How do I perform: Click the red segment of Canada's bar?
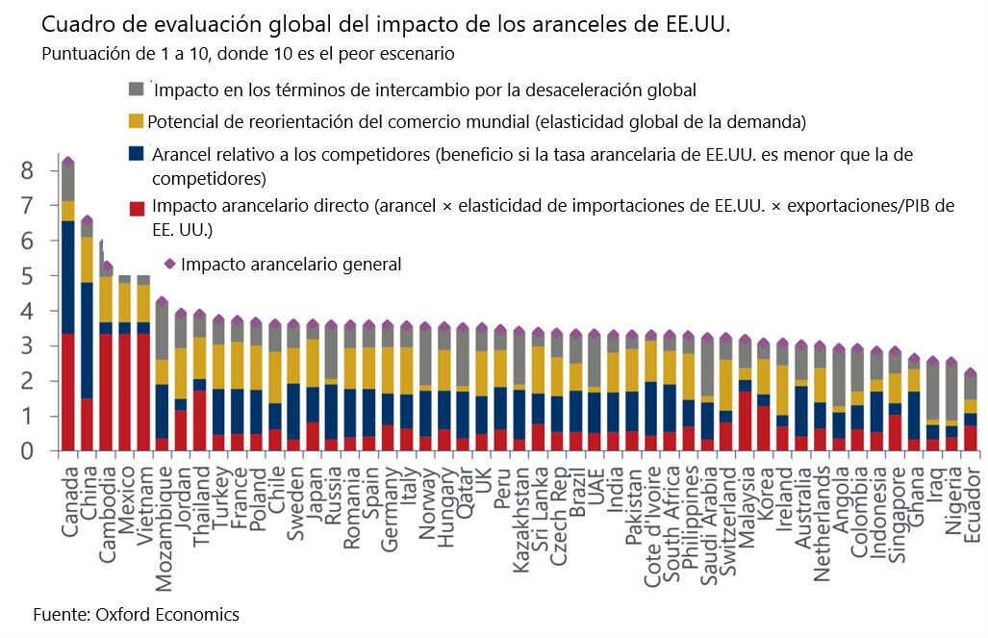pyautogui.click(x=67, y=392)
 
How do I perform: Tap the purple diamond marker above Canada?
pyautogui.click(x=67, y=162)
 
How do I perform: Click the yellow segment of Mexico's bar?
pyautogui.click(x=124, y=302)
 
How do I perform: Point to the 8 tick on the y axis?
pyautogui.click(x=27, y=170)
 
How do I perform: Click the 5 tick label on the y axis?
pyautogui.click(x=27, y=276)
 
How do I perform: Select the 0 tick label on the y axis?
pyautogui.click(x=27, y=450)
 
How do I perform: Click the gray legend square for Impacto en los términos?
pyautogui.click(x=137, y=89)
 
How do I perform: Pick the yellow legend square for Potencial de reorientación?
pyautogui.click(x=137, y=121)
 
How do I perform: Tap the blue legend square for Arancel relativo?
pyautogui.click(x=137, y=154)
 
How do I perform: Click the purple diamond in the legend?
pyautogui.click(x=169, y=263)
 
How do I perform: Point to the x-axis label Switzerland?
pyautogui.click(x=728, y=509)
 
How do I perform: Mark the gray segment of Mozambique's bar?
pyautogui.click(x=162, y=332)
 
